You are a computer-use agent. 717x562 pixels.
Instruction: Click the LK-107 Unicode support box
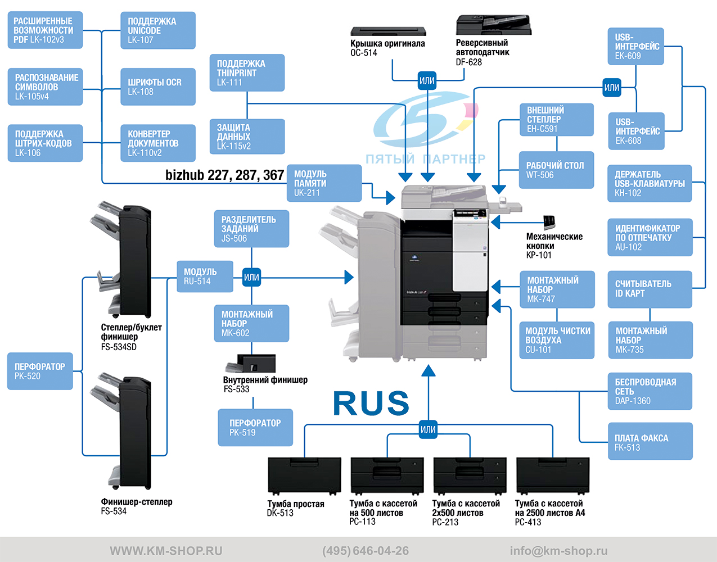pyautogui.click(x=157, y=30)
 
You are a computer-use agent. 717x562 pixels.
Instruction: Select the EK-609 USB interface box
pyautogui.click(x=636, y=46)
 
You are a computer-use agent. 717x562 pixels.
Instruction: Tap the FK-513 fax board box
pyautogui.click(x=650, y=441)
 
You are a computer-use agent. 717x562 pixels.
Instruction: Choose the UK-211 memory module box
pyautogui.click(x=324, y=183)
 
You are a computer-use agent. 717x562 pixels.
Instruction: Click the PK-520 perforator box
pyautogui.click(x=40, y=371)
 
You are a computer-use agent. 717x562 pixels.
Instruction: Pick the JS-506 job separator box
pyautogui.click(x=251, y=229)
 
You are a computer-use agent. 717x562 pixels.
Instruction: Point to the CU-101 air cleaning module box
pyautogui.click(x=557, y=340)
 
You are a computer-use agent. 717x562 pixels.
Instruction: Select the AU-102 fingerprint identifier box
pyautogui.click(x=650, y=237)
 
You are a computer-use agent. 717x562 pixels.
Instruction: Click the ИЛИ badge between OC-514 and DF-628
pyautogui.click(x=427, y=80)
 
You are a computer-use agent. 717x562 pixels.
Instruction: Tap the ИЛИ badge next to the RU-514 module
pyautogui.click(x=251, y=277)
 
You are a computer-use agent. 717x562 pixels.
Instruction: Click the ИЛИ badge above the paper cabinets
pyautogui.click(x=428, y=429)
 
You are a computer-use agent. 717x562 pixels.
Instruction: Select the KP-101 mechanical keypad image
pyautogui.click(x=549, y=222)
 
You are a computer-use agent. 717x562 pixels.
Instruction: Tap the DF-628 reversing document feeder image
pyautogui.click(x=494, y=24)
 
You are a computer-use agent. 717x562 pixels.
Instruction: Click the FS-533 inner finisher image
pyautogui.click(x=251, y=363)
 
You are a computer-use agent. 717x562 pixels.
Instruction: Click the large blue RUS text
pyautogui.click(x=371, y=403)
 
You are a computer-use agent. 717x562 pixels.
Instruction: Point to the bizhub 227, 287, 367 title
pyautogui.click(x=224, y=175)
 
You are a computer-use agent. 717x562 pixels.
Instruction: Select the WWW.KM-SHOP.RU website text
pyautogui.click(x=166, y=551)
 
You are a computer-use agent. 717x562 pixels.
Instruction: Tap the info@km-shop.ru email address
pyautogui.click(x=558, y=551)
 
